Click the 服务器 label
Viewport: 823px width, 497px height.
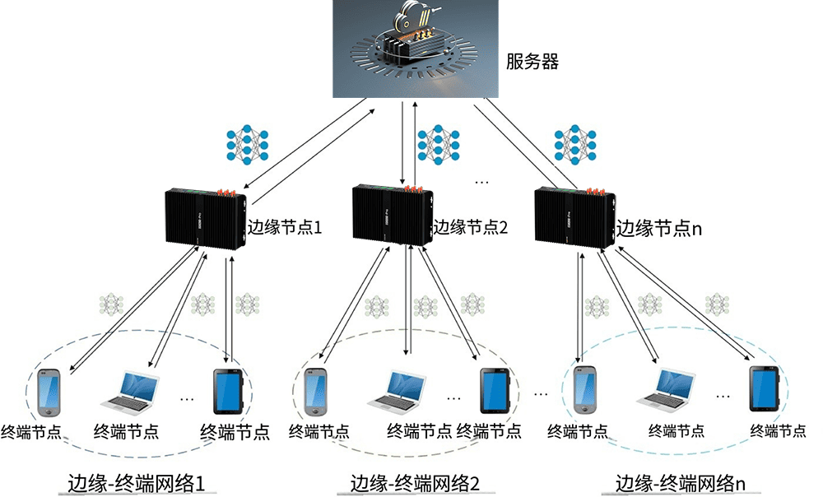coord(532,62)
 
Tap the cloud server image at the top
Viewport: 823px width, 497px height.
coord(416,49)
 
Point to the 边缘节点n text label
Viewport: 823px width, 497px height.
coord(659,228)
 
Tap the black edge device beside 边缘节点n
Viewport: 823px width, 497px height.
coord(574,216)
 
